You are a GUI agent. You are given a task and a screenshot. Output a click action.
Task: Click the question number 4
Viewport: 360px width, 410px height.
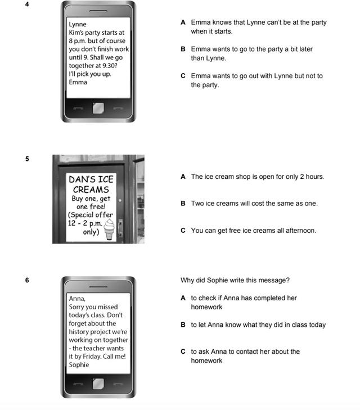27,4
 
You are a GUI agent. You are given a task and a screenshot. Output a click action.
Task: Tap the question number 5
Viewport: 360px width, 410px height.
27,159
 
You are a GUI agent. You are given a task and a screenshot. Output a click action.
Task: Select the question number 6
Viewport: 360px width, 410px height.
27,280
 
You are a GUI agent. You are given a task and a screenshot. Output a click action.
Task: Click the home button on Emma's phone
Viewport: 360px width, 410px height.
98,108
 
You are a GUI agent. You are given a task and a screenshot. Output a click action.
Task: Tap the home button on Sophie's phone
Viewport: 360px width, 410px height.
98,384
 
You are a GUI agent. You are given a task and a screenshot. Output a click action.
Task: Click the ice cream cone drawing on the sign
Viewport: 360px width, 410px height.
109,229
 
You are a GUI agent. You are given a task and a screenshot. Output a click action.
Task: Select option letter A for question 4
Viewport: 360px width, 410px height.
183,22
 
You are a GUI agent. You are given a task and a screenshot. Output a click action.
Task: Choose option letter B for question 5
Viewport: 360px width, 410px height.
183,204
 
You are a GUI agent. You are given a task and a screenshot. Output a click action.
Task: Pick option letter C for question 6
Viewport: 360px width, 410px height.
183,352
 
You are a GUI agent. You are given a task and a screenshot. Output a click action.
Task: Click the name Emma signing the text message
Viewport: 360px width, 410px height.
78,82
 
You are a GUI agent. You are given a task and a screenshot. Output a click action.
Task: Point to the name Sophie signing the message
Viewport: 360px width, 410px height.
79,365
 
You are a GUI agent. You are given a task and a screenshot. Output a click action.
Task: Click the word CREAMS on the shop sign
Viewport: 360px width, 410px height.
91,190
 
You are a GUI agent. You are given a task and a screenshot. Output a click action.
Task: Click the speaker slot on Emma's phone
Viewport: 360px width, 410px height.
98,11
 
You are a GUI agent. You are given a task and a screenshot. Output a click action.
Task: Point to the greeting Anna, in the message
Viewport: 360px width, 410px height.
77,299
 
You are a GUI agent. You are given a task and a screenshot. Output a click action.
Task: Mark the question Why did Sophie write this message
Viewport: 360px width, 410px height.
235,280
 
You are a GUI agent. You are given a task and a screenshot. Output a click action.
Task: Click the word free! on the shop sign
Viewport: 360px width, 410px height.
97,206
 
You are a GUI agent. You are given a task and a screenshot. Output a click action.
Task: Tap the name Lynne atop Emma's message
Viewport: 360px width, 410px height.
78,24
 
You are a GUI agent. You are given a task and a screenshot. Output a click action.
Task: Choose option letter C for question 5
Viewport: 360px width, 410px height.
183,231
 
